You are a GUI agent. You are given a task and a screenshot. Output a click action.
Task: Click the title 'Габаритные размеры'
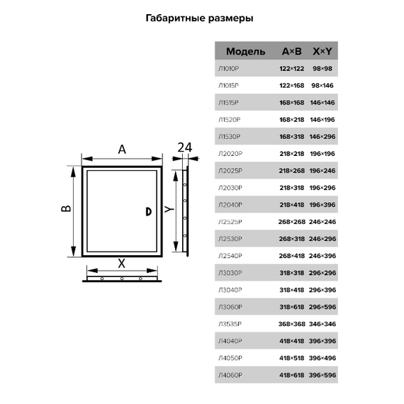199,18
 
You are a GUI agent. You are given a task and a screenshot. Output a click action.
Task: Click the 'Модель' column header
245,52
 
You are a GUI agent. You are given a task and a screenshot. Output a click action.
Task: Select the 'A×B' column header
292,51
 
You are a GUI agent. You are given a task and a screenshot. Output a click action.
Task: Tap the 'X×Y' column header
322,51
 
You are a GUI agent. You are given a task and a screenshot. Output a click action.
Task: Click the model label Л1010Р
228,69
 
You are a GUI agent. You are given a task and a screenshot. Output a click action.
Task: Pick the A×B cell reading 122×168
292,86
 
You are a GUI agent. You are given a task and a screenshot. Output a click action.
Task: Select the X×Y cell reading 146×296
322,137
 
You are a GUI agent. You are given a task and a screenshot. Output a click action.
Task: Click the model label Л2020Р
230,154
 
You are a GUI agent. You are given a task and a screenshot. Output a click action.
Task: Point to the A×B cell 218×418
292,205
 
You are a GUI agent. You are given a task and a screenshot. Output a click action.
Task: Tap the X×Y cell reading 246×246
322,222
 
